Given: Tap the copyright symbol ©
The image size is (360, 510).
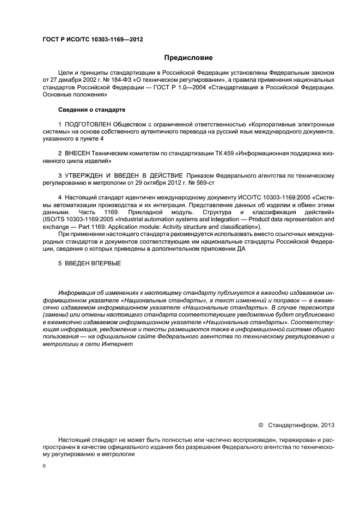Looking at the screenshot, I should (x=260, y=424).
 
